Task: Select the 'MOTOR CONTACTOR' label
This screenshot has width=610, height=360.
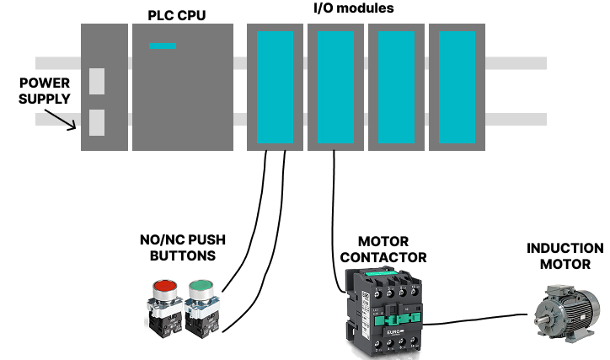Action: (x=381, y=250)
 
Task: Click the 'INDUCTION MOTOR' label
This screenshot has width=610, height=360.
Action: (x=565, y=256)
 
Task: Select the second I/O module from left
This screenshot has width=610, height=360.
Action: (x=335, y=87)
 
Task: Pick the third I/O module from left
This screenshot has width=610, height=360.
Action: (x=396, y=87)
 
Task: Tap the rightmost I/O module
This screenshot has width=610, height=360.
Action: (x=457, y=87)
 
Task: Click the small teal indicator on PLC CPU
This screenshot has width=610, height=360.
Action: (x=163, y=46)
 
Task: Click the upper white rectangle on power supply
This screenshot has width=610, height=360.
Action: (x=97, y=81)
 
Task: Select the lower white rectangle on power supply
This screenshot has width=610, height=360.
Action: (x=97, y=121)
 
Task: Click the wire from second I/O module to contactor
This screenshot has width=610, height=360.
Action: (x=334, y=219)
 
